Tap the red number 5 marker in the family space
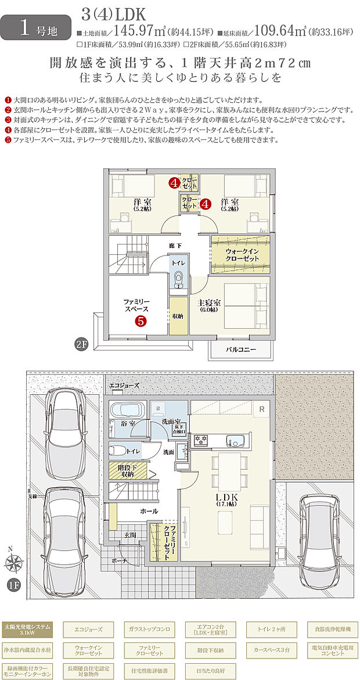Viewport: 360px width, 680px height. pyautogui.click(x=141, y=320)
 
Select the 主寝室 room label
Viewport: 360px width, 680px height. pyautogui.click(x=209, y=305)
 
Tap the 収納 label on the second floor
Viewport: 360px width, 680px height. pyautogui.click(x=178, y=316)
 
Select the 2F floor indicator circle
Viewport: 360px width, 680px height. pyautogui.click(x=81, y=343)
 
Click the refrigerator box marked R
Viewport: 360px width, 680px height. pyautogui.click(x=262, y=408)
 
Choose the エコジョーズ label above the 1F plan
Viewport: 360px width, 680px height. pyautogui.click(x=124, y=385)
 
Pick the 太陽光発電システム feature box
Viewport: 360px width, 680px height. pyautogui.click(x=27, y=629)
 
